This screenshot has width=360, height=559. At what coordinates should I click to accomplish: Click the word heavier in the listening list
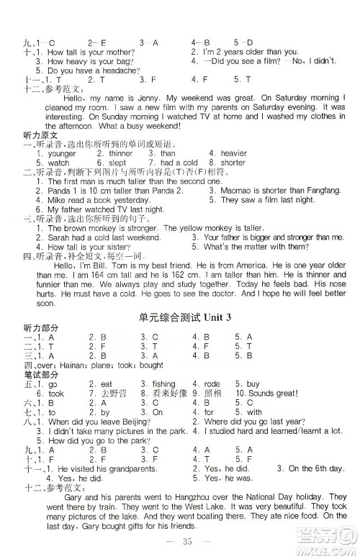(x=233, y=153)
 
